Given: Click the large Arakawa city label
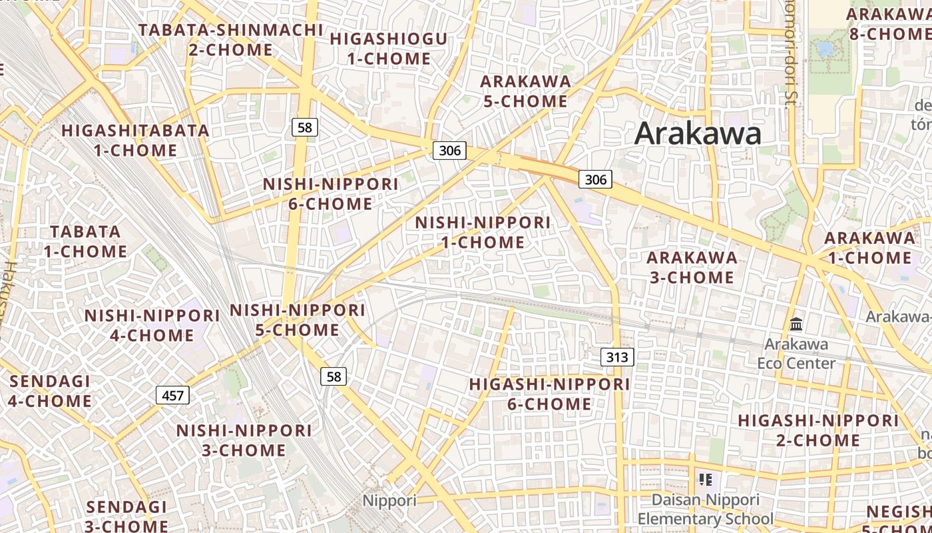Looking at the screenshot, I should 698,133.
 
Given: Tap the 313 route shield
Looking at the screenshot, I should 617,357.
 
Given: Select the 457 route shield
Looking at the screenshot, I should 172,396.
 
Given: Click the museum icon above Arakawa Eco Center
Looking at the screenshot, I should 796,324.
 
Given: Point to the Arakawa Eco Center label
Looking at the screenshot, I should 796,354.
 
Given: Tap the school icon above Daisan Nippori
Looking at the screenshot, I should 706,479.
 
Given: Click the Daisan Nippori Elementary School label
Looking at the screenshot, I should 706,509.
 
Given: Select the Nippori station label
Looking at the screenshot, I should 389,500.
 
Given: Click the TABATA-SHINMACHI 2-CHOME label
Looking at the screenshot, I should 230,40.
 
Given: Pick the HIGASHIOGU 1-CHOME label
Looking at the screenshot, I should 389,49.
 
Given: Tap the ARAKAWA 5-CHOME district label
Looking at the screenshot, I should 525,91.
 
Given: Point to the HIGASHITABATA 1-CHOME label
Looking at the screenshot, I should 136,140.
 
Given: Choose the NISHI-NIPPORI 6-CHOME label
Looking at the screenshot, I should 330,193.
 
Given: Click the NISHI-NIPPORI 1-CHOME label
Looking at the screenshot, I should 483,232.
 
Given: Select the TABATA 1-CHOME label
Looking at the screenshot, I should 86,241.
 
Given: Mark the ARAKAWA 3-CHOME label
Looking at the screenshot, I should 692,267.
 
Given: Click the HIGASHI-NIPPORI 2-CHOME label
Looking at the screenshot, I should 818,430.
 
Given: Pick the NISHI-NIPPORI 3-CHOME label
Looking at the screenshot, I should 244,440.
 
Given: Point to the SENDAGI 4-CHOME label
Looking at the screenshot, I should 50,391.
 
